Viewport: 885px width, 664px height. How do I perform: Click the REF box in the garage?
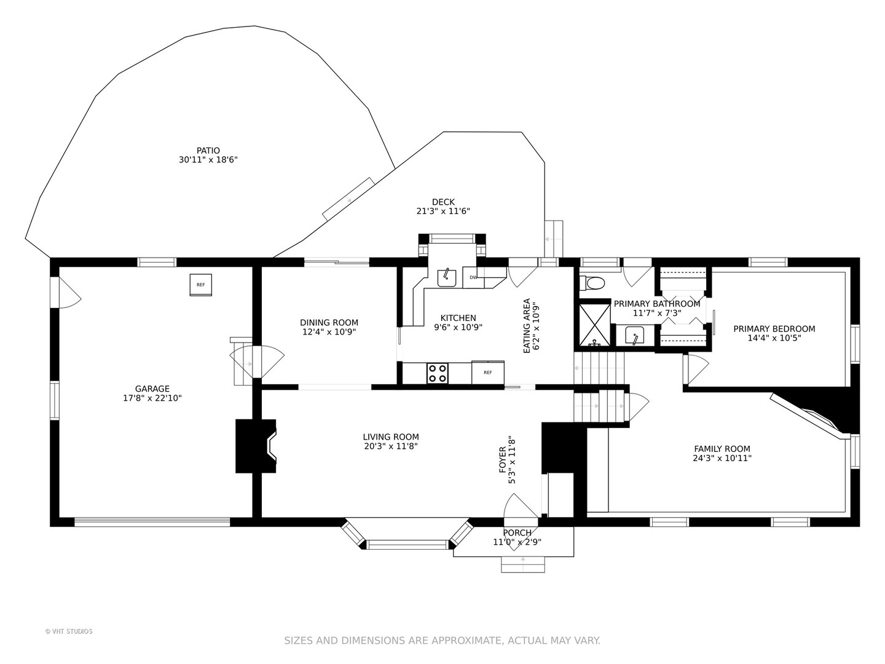pyautogui.click(x=201, y=285)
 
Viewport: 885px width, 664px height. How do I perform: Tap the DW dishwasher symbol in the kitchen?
pyautogui.click(x=473, y=277)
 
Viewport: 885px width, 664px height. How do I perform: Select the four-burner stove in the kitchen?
pyautogui.click(x=438, y=373)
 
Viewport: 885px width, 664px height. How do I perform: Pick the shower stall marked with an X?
pyautogui.click(x=595, y=325)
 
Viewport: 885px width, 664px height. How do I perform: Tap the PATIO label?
pyautogui.click(x=208, y=151)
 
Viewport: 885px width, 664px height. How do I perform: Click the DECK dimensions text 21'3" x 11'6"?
pyautogui.click(x=443, y=211)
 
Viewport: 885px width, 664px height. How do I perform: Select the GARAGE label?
pyautogui.click(x=152, y=389)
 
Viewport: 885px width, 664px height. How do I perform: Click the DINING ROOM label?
pyautogui.click(x=329, y=323)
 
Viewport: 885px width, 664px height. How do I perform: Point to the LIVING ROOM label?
pyautogui.click(x=391, y=437)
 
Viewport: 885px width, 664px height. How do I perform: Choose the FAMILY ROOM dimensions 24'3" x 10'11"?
pyautogui.click(x=722, y=458)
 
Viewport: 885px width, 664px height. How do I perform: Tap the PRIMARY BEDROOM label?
pyautogui.click(x=774, y=329)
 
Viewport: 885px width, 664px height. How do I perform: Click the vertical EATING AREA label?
pyautogui.click(x=527, y=326)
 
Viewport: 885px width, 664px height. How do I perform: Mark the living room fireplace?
pyautogui.click(x=256, y=446)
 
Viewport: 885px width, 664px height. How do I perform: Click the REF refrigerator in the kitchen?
pyautogui.click(x=488, y=373)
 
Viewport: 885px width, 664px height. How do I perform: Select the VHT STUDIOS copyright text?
pyautogui.click(x=69, y=631)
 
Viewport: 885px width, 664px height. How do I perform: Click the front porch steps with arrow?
pyautogui.click(x=523, y=564)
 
